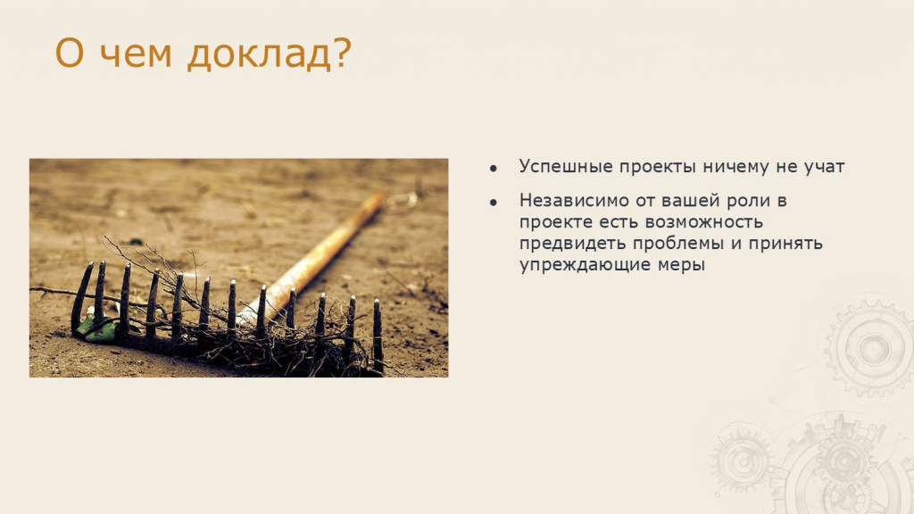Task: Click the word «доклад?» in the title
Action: [x=270, y=54]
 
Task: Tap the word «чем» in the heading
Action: [x=136, y=54]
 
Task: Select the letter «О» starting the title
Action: [x=69, y=53]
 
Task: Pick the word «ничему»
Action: [x=735, y=168]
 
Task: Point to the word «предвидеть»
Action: [x=572, y=245]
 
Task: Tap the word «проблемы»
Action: [x=678, y=245]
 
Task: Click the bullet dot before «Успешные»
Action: [x=494, y=169]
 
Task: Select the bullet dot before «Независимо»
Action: [x=494, y=203]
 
